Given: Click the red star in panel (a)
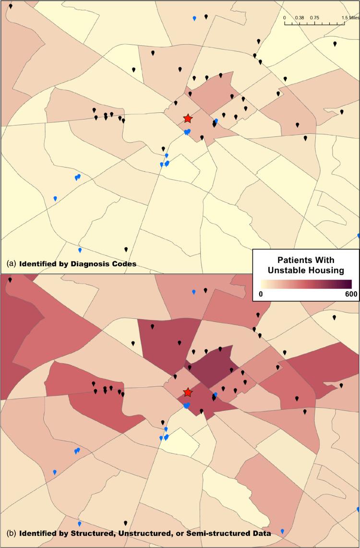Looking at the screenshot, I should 188,119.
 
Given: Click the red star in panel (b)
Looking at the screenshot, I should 188,393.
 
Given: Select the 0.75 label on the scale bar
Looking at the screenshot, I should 314,17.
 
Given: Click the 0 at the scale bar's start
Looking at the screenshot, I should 285,17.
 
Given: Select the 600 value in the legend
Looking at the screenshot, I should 350,294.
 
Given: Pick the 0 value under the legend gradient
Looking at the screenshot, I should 261,294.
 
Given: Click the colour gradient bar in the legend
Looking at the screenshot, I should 305,284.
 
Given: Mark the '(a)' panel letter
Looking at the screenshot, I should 12,263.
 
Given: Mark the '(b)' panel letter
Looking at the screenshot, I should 12,533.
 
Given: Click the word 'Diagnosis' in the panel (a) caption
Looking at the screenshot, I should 91,263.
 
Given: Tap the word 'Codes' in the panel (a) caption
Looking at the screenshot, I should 124,263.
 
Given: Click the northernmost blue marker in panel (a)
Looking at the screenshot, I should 194,18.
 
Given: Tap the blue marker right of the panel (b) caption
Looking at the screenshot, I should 282,531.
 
